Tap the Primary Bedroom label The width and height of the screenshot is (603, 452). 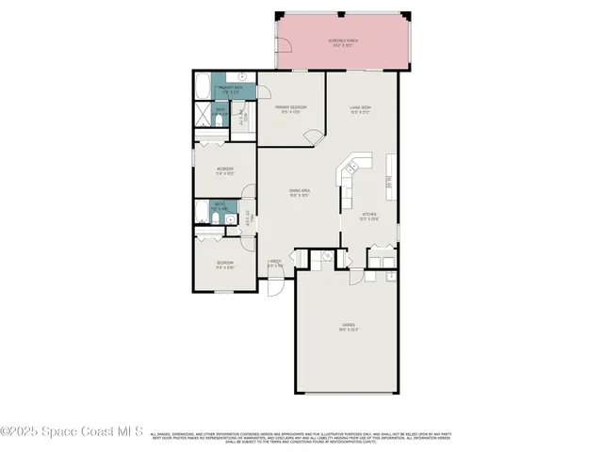[x=292, y=109]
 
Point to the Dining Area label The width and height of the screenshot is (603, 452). [x=300, y=193]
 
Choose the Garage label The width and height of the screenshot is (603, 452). [x=348, y=327]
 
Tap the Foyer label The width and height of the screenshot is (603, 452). [x=276, y=264]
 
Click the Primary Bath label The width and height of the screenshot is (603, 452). [x=230, y=90]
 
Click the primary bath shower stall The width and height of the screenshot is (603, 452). [x=204, y=117]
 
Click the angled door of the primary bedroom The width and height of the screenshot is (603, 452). [x=314, y=138]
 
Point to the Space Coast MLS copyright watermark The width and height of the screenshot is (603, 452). [x=72, y=432]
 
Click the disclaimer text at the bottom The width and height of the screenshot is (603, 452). [x=301, y=437]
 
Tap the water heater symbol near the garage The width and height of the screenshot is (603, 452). [x=392, y=275]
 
